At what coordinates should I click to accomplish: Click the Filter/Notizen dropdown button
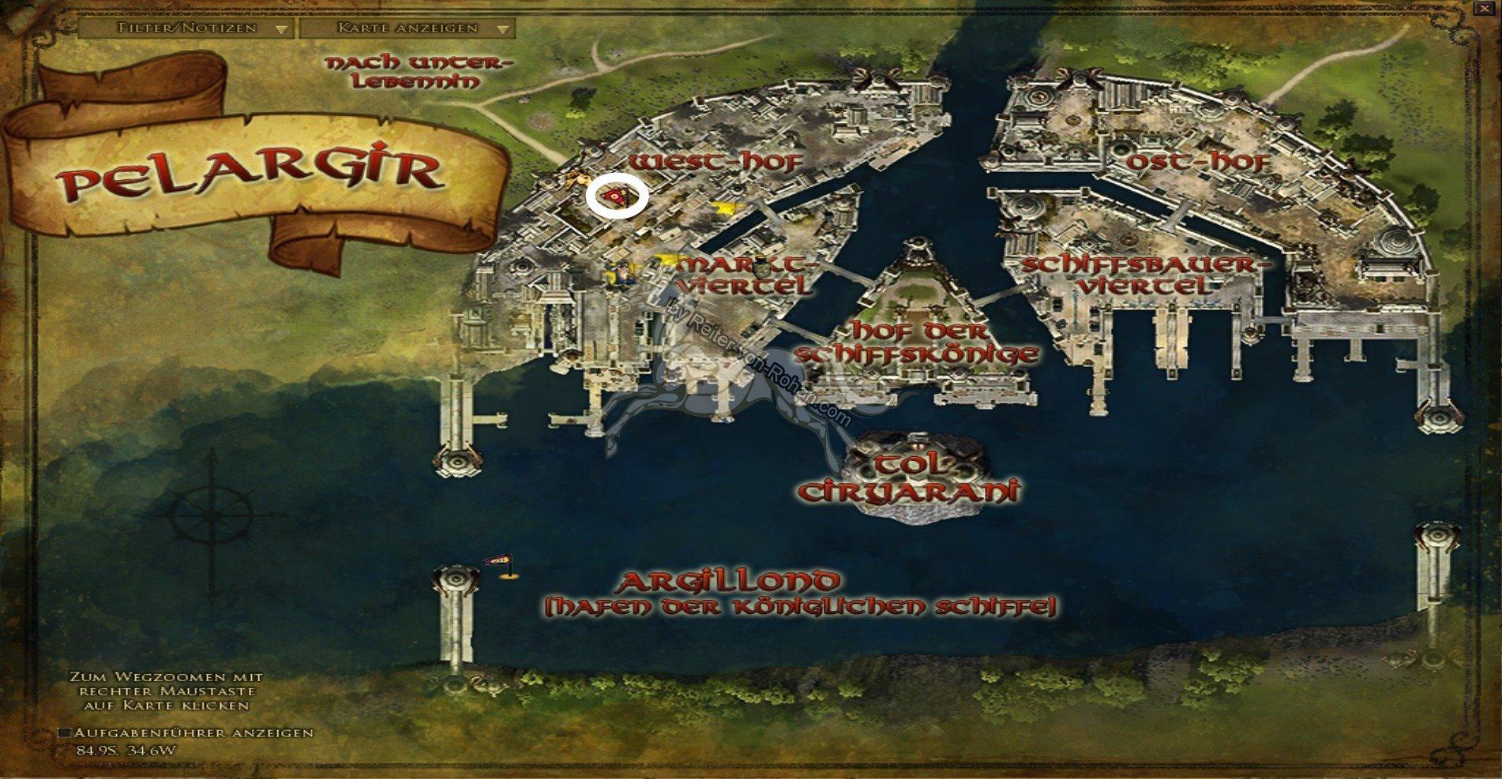click(x=186, y=28)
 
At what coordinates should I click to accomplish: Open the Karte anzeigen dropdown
click(x=407, y=28)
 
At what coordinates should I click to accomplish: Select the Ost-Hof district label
click(x=1198, y=163)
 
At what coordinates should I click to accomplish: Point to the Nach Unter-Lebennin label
click(x=419, y=72)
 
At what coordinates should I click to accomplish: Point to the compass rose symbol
click(x=211, y=518)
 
